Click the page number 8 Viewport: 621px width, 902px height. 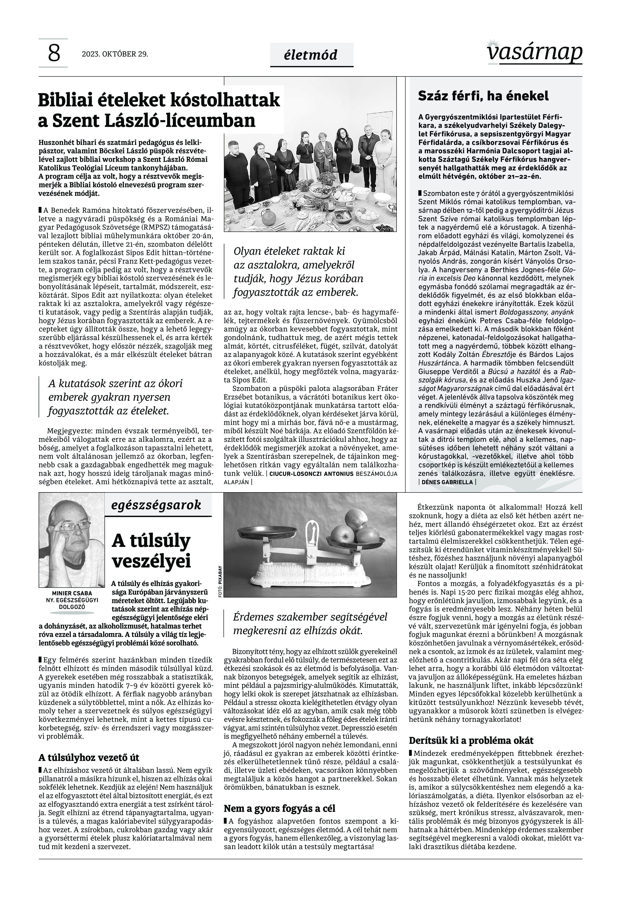click(54, 54)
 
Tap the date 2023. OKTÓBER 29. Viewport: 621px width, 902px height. click(115, 54)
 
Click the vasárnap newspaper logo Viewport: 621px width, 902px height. click(535, 52)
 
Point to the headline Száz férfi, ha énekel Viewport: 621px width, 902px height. click(483, 96)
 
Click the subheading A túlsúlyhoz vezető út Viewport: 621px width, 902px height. click(89, 757)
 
